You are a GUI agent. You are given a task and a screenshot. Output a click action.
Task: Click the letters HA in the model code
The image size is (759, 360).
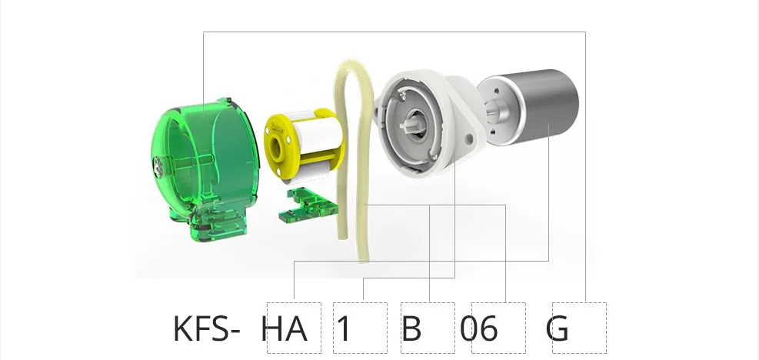point(284,329)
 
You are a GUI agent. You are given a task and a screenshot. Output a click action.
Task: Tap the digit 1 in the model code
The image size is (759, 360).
point(344,329)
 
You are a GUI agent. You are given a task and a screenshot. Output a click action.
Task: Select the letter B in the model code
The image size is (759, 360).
point(411,329)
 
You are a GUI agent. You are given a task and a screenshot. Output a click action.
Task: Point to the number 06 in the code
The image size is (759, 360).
point(479,329)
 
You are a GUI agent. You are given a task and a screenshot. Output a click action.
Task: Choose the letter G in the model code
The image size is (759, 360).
point(558,329)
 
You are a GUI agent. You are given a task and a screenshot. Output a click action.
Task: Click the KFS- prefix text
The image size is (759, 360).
point(206,329)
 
